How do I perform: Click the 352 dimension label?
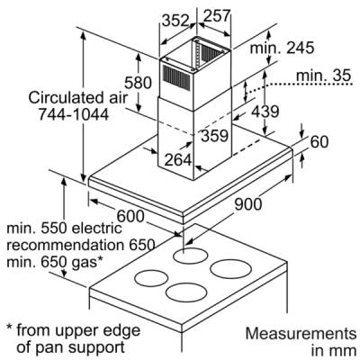click(176, 21)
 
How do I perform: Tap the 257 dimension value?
click(217, 15)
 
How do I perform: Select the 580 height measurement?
click(138, 83)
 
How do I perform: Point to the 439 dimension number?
click(265, 112)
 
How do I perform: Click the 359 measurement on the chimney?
click(215, 136)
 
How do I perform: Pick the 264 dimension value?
click(178, 159)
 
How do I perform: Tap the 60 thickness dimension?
click(319, 142)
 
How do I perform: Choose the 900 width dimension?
click(248, 204)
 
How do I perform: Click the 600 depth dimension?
click(130, 216)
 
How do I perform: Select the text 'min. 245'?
click(282, 48)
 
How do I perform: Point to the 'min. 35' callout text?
click(323, 76)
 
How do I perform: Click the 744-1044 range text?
click(74, 114)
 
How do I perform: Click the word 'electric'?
click(97, 229)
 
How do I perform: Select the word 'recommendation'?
click(65, 246)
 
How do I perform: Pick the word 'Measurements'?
click(301, 334)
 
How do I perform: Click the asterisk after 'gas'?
click(100, 258)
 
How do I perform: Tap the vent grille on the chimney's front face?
click(176, 76)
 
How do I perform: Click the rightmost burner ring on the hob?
click(230, 269)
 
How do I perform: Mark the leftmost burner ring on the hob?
click(151, 279)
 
